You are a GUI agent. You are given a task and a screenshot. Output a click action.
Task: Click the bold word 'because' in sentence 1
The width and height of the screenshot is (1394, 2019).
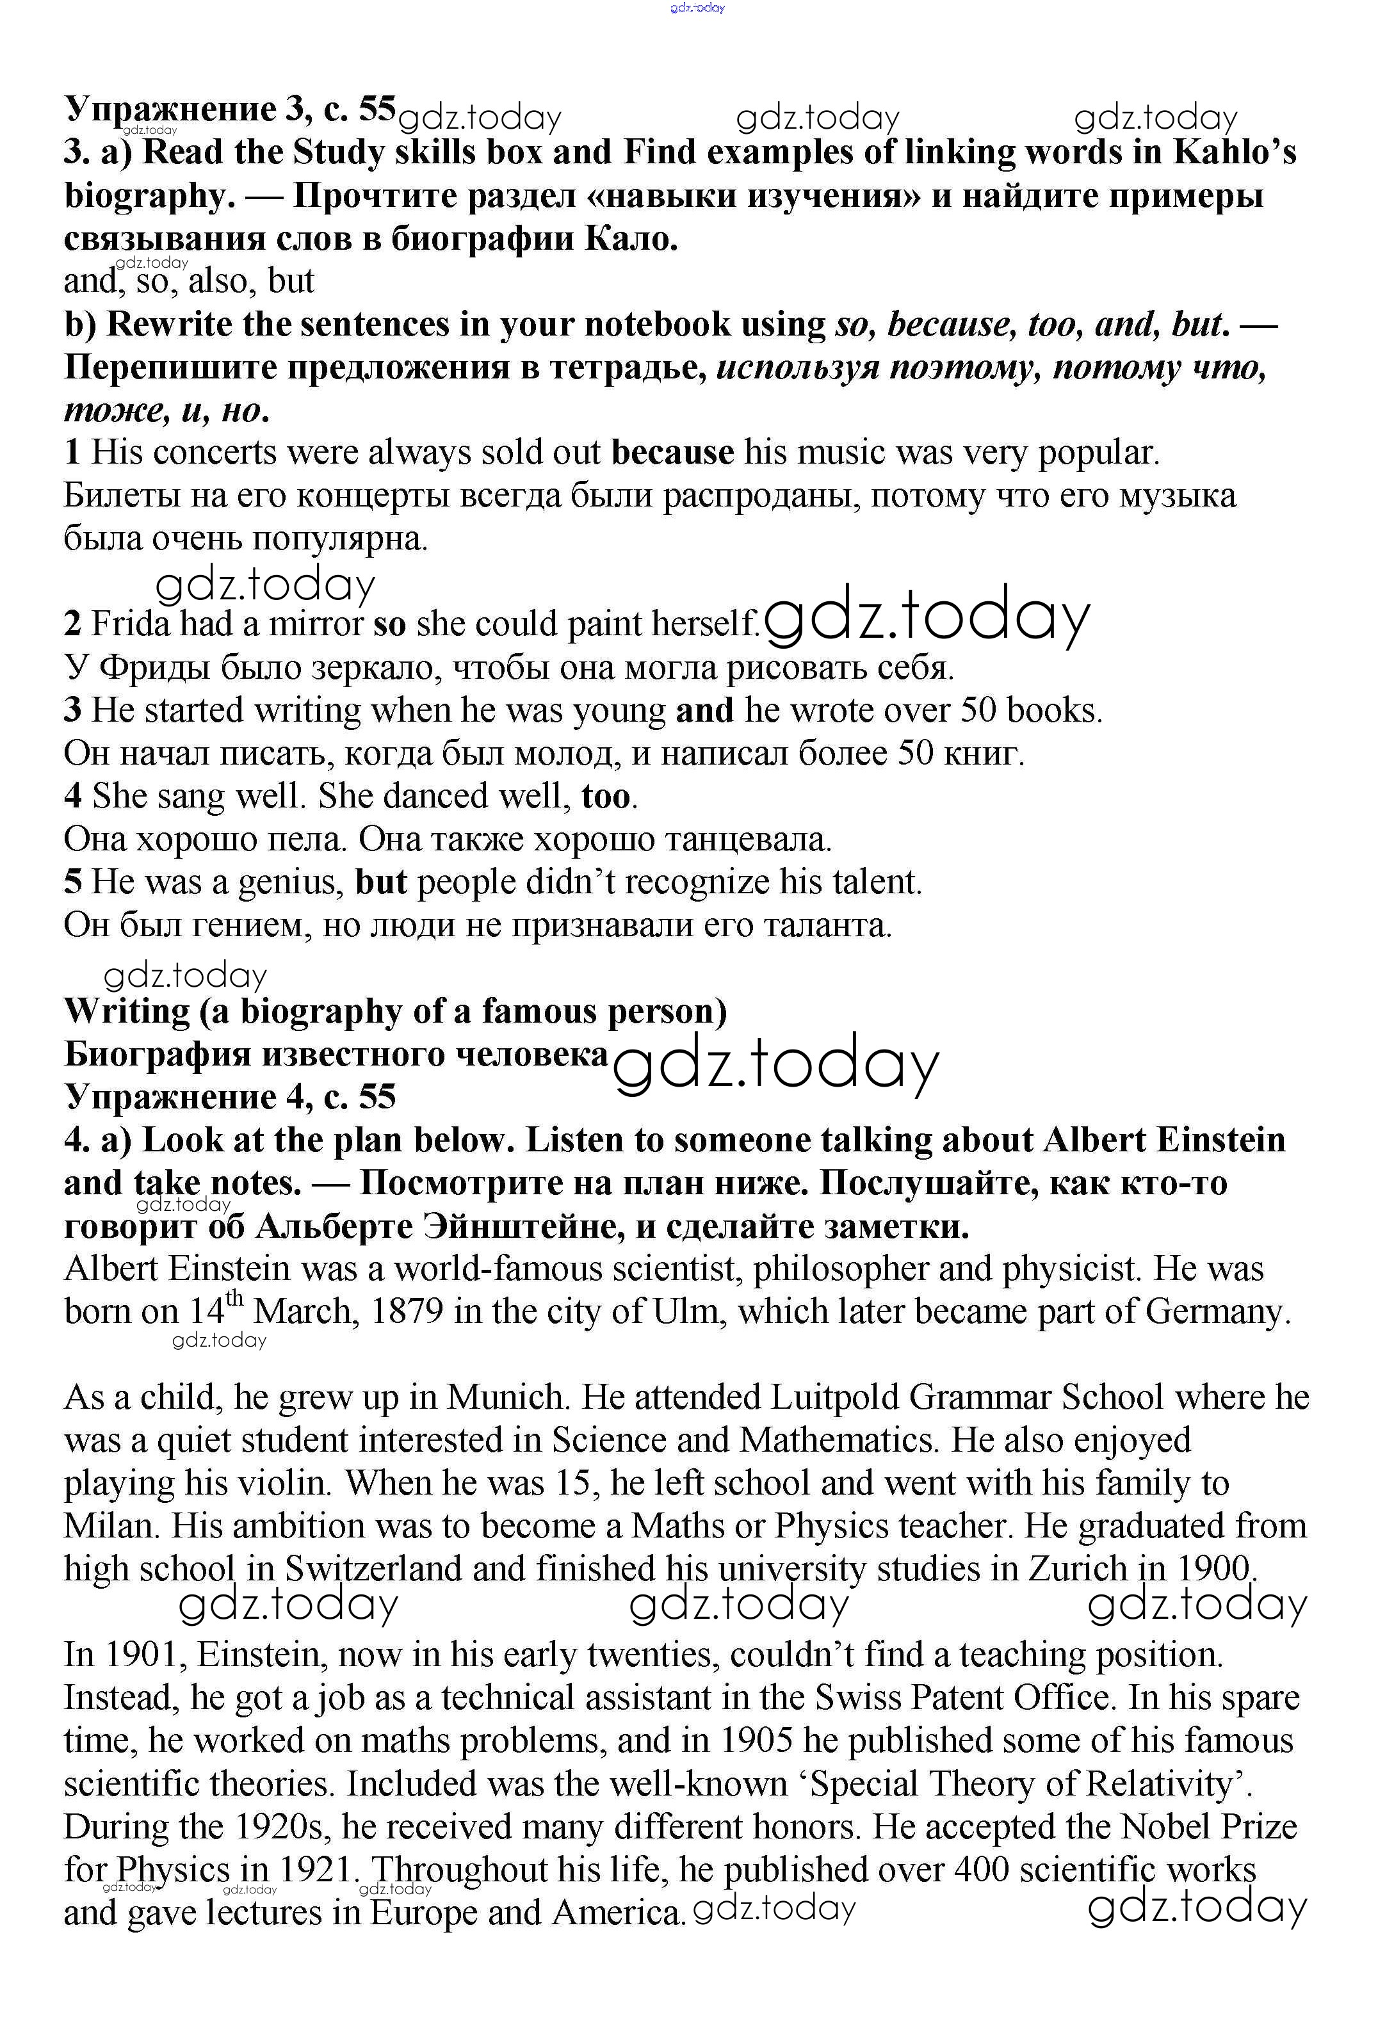(672, 453)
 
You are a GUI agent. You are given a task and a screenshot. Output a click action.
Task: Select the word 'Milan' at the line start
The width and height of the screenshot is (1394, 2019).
(111, 1527)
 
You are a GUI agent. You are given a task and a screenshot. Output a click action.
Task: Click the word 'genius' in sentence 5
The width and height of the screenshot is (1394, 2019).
(292, 882)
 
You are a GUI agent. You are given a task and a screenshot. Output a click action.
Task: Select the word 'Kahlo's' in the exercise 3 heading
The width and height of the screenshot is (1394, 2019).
(1233, 153)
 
